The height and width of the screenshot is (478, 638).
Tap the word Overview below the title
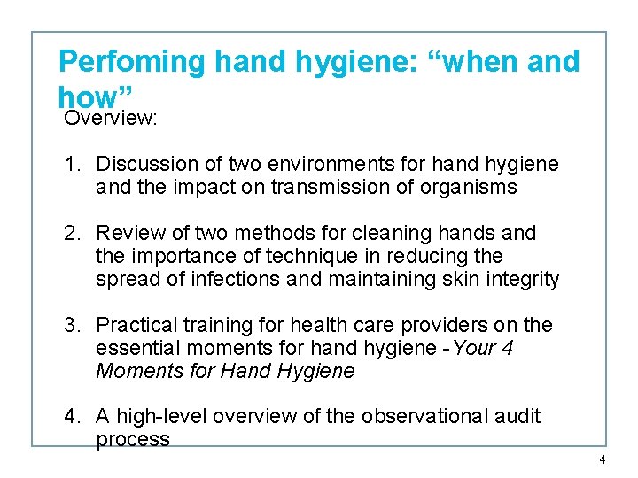point(109,118)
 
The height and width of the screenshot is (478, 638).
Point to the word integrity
point(523,280)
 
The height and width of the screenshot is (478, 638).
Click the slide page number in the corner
point(603,459)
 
